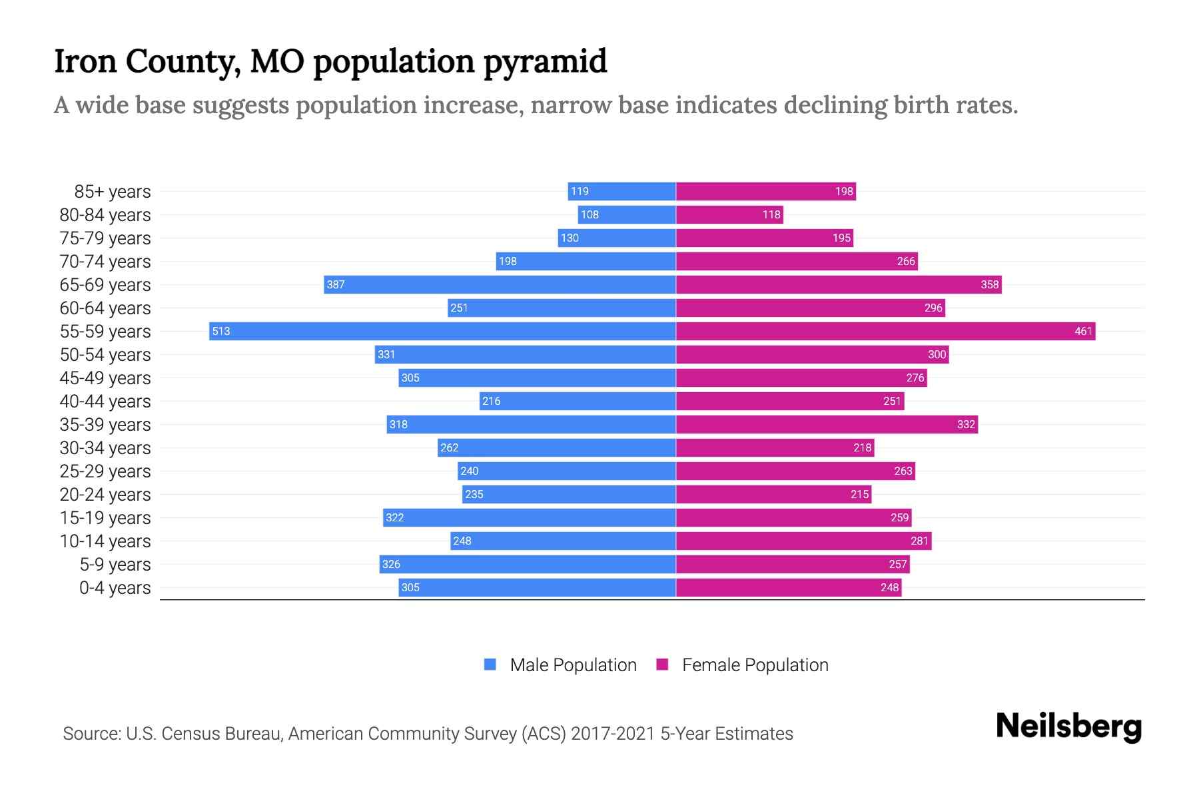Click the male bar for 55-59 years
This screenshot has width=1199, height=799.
tap(442, 331)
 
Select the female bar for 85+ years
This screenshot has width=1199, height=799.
tap(766, 191)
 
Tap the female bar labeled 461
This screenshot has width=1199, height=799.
tap(886, 331)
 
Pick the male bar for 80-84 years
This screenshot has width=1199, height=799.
tap(627, 214)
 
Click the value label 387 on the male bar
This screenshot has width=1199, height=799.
tap(336, 284)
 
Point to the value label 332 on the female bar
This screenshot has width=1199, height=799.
tap(966, 424)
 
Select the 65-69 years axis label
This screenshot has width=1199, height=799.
tap(105, 285)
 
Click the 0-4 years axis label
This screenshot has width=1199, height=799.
tap(115, 588)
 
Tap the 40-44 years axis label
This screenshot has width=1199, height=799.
tap(105, 401)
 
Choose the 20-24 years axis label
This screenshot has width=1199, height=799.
tap(105, 495)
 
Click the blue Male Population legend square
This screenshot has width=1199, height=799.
tap(490, 665)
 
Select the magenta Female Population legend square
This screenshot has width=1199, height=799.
tap(662, 665)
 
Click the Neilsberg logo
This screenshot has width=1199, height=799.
tap(1068, 726)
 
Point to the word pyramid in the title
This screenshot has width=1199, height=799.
tap(545, 62)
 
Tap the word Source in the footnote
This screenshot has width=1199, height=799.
tap(91, 734)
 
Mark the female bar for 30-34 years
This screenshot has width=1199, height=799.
tap(775, 447)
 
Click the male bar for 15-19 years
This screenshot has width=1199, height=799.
tap(530, 517)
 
